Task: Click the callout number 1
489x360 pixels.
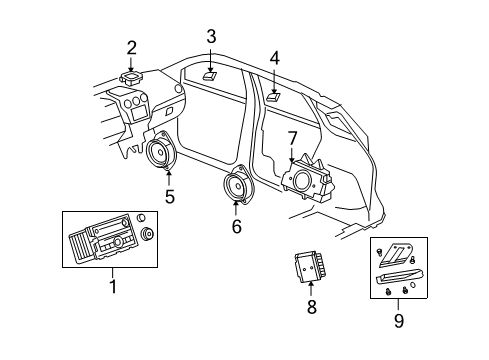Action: point(112,288)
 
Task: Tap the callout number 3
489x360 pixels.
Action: point(211,38)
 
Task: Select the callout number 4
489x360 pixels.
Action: point(274,58)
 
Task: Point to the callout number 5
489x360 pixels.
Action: point(170,196)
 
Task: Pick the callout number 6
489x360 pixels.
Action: point(236,226)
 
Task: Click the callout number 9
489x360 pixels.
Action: point(399,321)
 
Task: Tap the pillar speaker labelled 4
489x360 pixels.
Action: point(272,97)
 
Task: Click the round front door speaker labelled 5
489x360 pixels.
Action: point(160,155)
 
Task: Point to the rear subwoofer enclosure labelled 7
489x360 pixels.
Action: point(307,178)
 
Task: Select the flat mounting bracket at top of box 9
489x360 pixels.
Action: point(399,254)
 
